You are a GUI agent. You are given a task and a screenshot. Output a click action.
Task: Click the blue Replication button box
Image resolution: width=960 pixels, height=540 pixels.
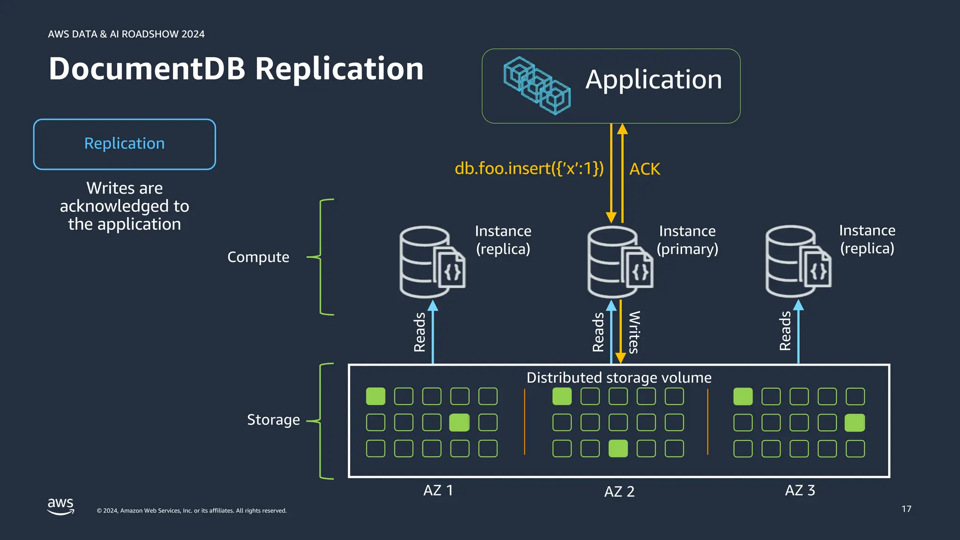tap(124, 144)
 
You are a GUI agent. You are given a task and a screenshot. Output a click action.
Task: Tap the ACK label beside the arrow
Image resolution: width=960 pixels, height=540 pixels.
tap(645, 169)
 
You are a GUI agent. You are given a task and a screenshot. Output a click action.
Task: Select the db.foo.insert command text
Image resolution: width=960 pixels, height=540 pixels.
tap(529, 168)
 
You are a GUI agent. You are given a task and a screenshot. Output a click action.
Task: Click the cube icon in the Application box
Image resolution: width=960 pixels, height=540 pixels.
tap(537, 86)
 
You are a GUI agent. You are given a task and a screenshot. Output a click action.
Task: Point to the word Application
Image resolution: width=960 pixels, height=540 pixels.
tap(653, 80)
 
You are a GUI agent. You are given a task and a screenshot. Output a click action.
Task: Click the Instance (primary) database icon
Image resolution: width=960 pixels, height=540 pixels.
tap(619, 262)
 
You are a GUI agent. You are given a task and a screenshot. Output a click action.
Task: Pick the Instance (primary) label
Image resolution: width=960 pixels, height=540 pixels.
tap(687, 240)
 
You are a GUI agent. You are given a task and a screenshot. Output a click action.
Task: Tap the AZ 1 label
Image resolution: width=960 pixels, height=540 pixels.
tap(438, 490)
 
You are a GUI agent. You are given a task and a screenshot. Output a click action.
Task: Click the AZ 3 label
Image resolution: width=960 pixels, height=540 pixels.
tap(800, 490)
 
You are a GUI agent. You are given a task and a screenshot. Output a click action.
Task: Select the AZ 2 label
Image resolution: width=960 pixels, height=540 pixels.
tap(619, 491)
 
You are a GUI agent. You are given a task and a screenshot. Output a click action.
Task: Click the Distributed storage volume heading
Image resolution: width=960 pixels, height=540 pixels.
tap(619, 378)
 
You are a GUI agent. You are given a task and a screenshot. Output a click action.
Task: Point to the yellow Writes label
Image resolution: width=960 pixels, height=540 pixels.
tap(633, 332)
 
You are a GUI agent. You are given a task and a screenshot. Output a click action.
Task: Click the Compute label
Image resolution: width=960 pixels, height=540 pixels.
tap(258, 257)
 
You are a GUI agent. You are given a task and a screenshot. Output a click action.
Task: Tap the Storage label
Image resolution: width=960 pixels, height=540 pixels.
tap(273, 420)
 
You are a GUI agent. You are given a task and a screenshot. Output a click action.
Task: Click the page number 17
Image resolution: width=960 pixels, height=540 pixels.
tap(906, 509)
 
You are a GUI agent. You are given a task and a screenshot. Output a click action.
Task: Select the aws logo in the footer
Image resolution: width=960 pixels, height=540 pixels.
tap(60, 506)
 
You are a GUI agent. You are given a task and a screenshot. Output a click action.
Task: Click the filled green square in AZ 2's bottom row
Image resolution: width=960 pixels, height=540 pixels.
tap(618, 449)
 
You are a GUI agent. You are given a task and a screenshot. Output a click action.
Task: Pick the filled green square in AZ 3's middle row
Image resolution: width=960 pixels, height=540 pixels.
tap(855, 423)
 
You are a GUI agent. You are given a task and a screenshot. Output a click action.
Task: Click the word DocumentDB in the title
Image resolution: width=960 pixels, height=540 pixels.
tap(147, 69)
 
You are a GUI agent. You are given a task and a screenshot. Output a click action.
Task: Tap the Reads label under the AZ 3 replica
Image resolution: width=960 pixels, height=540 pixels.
tap(785, 331)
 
